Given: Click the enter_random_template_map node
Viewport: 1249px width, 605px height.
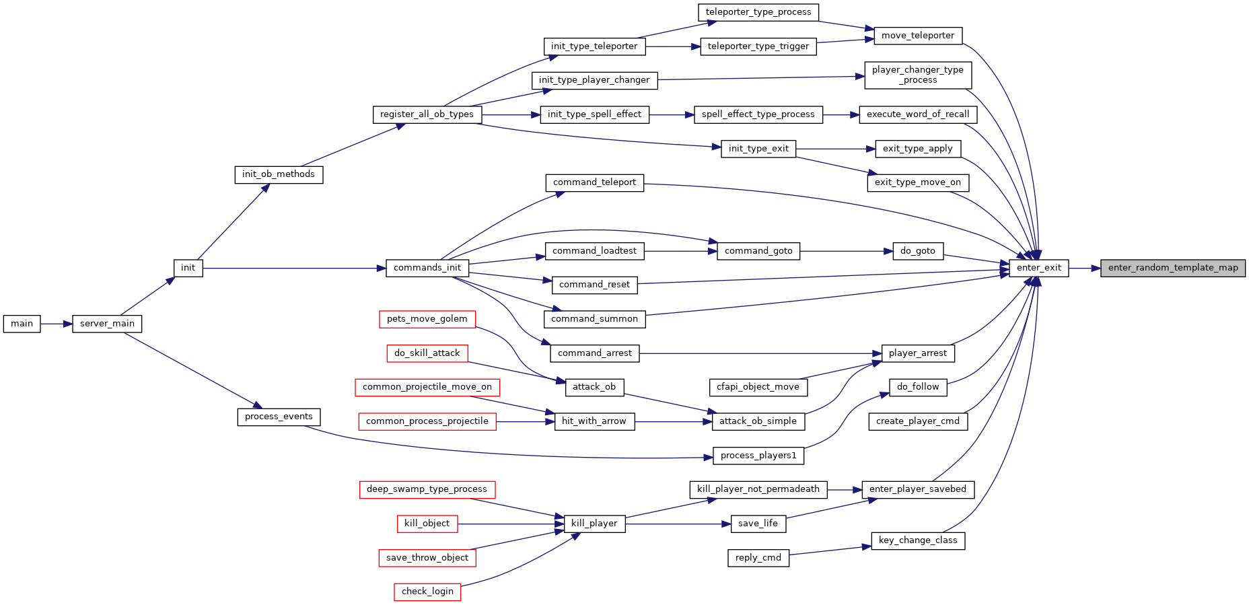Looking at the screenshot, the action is (x=1173, y=268).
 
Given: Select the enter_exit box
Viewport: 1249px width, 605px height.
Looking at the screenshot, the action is (x=1038, y=268).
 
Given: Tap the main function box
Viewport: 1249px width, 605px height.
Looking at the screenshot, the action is (x=22, y=324).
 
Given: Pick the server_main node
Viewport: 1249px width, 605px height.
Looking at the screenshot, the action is (x=107, y=324).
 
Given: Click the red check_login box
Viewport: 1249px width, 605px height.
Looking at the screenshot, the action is (x=427, y=592).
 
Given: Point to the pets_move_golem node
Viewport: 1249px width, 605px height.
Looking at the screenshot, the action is (x=427, y=319).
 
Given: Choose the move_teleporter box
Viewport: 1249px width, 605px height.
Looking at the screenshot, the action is (x=918, y=36).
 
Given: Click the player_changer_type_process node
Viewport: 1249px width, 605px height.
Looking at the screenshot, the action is (x=918, y=75).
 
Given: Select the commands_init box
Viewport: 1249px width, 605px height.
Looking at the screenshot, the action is (x=427, y=268).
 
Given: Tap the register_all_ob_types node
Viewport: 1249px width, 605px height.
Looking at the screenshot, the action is (x=427, y=114).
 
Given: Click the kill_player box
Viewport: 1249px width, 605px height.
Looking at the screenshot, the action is (x=594, y=524).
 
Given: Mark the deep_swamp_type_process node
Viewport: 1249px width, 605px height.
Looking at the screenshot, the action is (x=427, y=489).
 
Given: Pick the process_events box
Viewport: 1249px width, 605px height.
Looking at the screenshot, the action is (x=279, y=417).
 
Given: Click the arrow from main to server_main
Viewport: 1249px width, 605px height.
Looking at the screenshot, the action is (x=56, y=324).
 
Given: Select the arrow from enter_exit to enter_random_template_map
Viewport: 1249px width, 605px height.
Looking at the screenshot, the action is (x=1085, y=268).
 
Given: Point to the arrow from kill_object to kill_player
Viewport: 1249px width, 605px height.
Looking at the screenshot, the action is (x=511, y=524).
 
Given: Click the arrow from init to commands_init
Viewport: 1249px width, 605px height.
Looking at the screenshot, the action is (x=294, y=268).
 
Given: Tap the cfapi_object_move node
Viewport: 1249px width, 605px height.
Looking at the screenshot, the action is (x=758, y=387).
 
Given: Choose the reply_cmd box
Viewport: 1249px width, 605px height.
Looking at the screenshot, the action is (x=758, y=558).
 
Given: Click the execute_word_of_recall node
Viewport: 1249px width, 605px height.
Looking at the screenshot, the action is (x=918, y=114).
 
